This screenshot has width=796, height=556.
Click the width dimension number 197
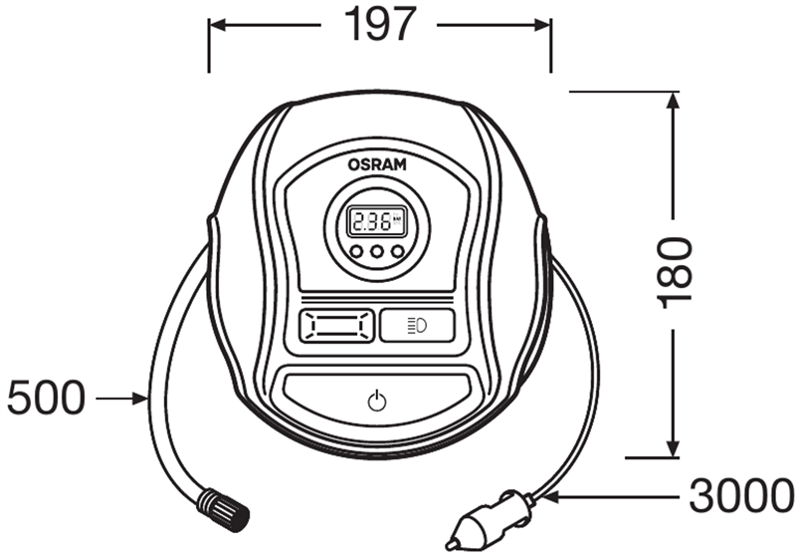tap(380, 24)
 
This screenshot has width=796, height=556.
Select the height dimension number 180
tap(675, 273)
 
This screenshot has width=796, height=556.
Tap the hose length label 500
tap(46, 398)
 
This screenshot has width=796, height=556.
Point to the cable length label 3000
tap(741, 495)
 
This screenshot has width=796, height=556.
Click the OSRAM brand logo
tap(377, 164)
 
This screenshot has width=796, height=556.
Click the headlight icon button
tap(417, 325)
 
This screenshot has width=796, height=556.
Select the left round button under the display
tap(357, 250)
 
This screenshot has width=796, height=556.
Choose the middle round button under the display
tap(377, 250)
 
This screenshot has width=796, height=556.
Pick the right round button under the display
tap(398, 250)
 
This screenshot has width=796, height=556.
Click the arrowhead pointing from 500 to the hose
tap(139, 399)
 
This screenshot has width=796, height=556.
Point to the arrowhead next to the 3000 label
tap(550, 496)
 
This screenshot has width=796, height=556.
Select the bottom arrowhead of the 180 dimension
tap(674, 448)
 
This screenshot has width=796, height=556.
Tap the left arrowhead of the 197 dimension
tap(218, 24)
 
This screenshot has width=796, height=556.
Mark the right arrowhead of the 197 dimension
tap(542, 24)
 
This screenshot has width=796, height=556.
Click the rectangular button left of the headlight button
tap(336, 325)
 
